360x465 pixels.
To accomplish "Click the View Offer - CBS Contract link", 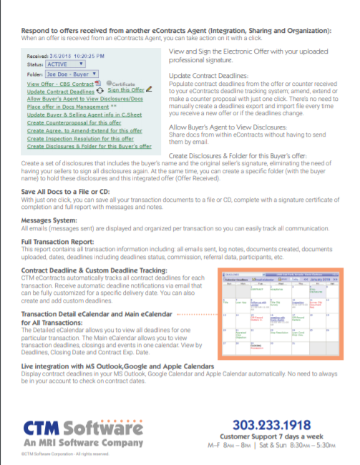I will point(61,84).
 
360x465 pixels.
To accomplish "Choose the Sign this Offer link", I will point(131,91).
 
